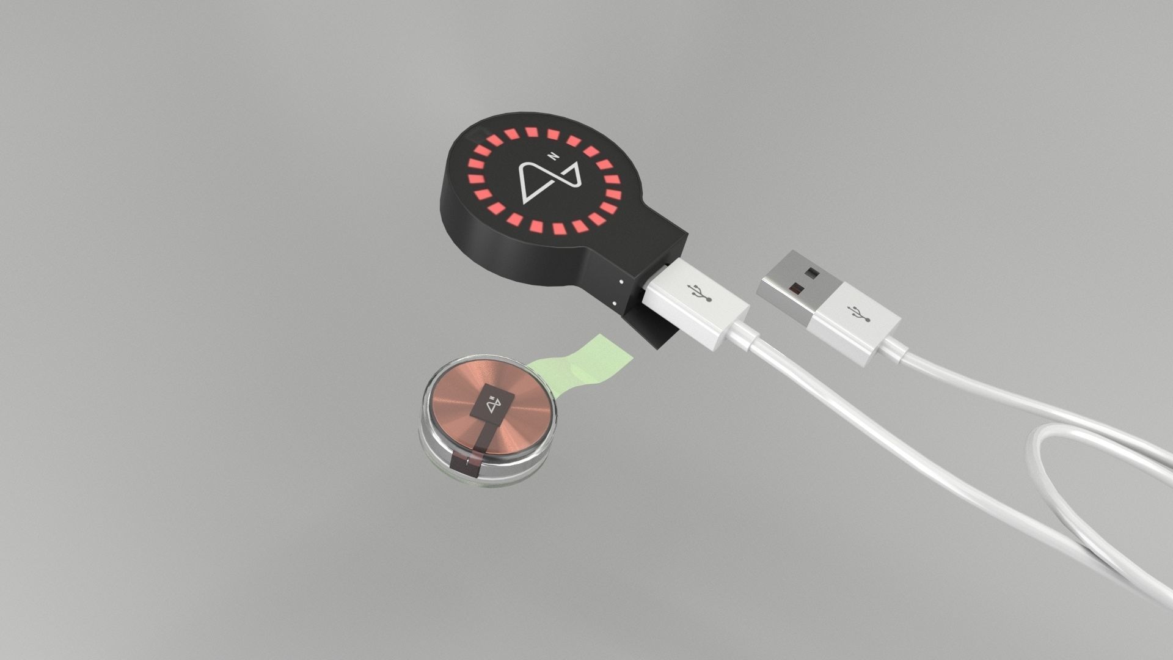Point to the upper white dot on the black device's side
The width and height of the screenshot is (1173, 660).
(620, 282)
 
